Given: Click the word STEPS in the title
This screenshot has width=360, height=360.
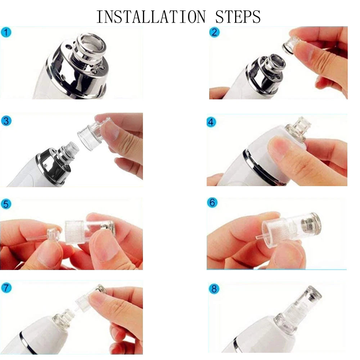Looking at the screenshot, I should point(238,17).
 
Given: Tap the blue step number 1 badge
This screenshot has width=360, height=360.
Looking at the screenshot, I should point(6,32).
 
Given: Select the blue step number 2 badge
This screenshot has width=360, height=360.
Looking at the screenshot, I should point(214,32).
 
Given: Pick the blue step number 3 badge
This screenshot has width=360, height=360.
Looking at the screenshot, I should point(6,121).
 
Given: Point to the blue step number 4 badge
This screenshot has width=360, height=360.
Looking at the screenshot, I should point(212,122).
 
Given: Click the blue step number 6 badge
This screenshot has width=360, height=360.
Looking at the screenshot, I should point(212,203).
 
